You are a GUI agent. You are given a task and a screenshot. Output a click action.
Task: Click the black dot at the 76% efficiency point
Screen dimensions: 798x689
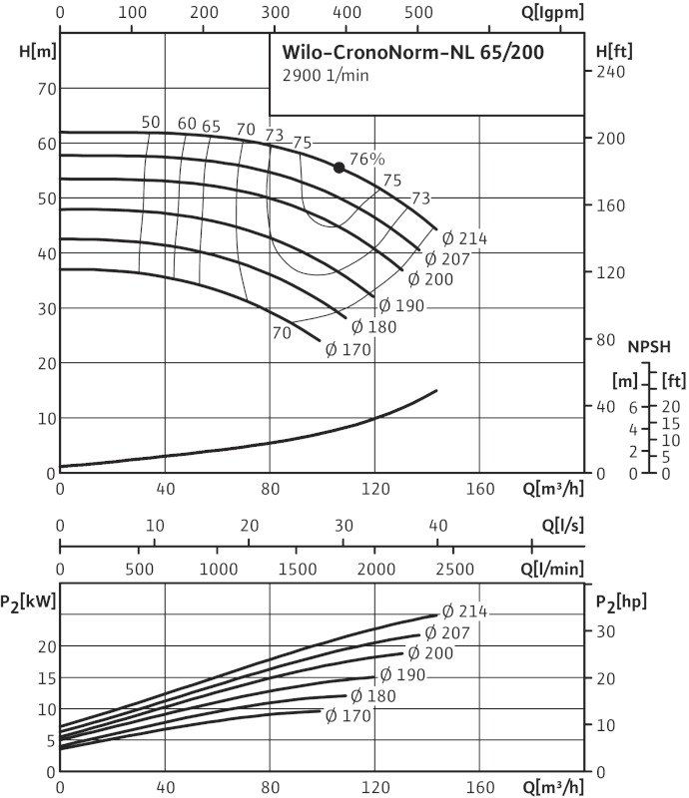(340, 168)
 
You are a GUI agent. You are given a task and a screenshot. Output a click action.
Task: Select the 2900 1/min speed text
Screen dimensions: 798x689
(319, 77)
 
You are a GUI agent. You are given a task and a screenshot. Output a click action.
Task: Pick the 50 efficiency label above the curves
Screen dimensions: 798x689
(151, 123)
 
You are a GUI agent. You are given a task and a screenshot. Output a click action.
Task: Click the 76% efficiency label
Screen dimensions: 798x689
(367, 159)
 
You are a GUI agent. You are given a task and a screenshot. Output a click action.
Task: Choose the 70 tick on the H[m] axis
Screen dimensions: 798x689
(43, 89)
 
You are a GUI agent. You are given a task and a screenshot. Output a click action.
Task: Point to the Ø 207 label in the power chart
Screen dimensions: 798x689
(445, 632)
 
